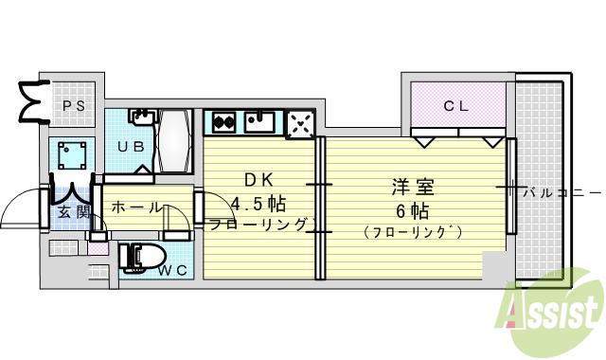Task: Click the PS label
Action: (x=75, y=106)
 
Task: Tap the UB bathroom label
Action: (x=129, y=146)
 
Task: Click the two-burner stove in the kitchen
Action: (x=223, y=121)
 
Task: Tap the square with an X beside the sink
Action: (x=300, y=123)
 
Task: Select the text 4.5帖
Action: (x=259, y=203)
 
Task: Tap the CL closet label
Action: (x=457, y=106)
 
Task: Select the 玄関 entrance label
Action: (x=75, y=210)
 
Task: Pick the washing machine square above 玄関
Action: (x=74, y=154)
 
